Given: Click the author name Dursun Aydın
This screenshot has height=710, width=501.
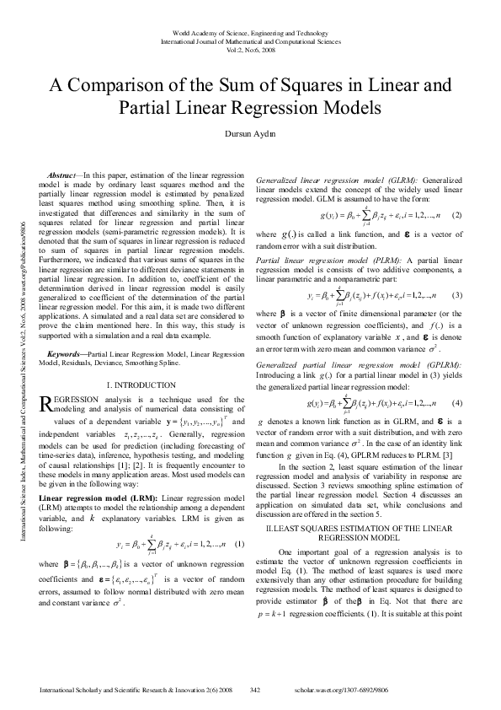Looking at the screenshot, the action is click(250, 133).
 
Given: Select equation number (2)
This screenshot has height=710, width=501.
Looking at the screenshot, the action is click(457, 216).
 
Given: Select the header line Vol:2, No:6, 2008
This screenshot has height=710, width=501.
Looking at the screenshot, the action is click(250, 49).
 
